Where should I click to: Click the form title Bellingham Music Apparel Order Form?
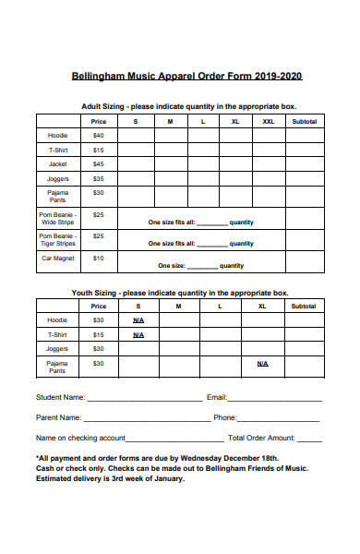click(x=187, y=77)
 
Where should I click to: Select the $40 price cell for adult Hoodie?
click(x=99, y=135)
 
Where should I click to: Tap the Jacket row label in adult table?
click(x=58, y=163)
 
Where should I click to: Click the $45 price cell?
click(x=99, y=163)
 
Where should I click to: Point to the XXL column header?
click(x=268, y=121)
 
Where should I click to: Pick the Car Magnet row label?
click(x=58, y=259)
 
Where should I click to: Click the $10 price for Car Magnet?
click(x=99, y=259)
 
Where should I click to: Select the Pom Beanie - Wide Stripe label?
click(x=58, y=218)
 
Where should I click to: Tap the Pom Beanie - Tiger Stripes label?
click(x=58, y=239)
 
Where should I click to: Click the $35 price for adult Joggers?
click(x=99, y=178)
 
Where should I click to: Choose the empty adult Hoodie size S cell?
click(x=136, y=135)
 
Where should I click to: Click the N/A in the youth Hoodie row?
click(x=138, y=320)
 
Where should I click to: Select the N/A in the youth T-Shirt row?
click(x=138, y=334)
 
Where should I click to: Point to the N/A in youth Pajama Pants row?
click(x=262, y=364)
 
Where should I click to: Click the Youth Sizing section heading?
click(x=180, y=292)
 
